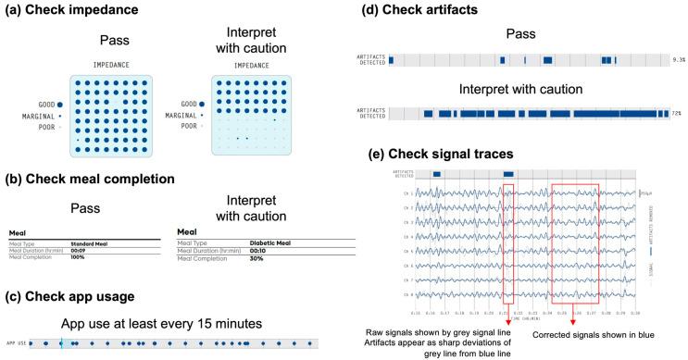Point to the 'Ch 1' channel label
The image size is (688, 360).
click(407, 193)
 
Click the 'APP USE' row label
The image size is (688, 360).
click(15, 343)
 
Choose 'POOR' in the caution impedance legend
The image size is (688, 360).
click(191, 126)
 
